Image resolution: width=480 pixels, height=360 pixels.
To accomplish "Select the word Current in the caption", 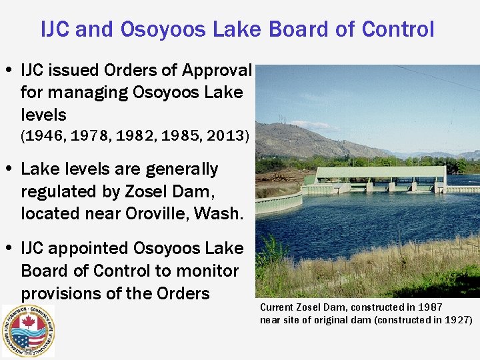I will pos(277,307).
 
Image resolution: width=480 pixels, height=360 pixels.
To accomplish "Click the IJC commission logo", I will pos(28,331).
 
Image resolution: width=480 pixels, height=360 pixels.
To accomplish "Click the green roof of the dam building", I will pos(380,172).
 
